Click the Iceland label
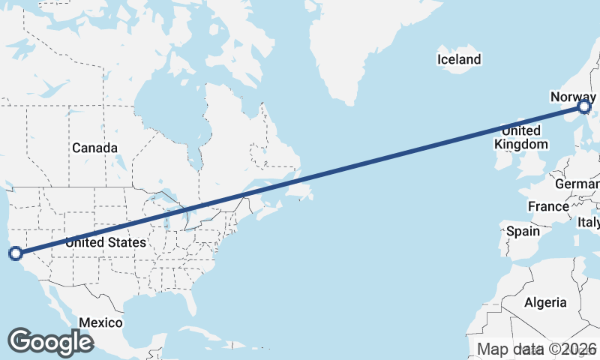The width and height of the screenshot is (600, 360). click(x=460, y=59)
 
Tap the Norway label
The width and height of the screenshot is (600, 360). click(x=572, y=97)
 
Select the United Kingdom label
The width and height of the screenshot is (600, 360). click(x=517, y=137)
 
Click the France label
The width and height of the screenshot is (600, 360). click(x=548, y=206)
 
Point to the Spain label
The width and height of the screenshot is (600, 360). click(x=522, y=231)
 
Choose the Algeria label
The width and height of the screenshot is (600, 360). click(x=545, y=302)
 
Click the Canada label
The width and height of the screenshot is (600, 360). click(x=94, y=148)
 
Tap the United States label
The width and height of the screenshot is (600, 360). click(x=106, y=242)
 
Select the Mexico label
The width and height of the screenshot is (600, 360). click(x=100, y=322)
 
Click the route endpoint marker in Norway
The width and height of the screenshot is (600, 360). click(x=585, y=109)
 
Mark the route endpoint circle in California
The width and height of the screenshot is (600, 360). click(x=15, y=253)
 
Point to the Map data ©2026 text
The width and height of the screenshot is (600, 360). click(x=537, y=349)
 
